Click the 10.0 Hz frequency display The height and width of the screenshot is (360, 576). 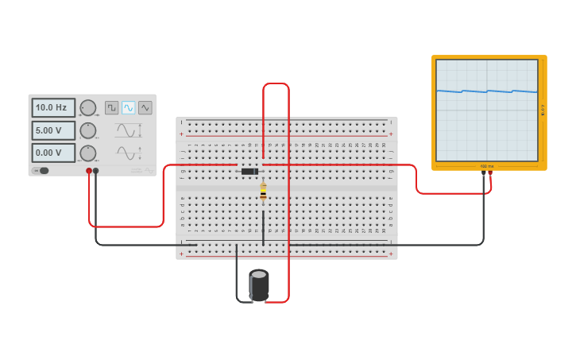click(53, 107)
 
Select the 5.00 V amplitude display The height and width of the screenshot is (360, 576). click(53, 130)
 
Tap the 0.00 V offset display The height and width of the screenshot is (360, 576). click(53, 153)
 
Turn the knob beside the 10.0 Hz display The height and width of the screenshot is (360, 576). click(88, 108)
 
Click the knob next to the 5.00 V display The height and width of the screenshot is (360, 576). click(88, 130)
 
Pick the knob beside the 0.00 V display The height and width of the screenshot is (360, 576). click(88, 153)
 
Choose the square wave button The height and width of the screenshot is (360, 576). click(112, 107)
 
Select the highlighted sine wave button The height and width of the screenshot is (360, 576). click(129, 107)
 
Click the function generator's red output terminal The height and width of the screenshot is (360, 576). click(89, 171)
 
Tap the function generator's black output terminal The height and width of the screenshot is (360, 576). click(96, 171)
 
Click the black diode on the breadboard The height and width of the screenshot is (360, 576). click(249, 172)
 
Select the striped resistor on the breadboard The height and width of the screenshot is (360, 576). click(263, 192)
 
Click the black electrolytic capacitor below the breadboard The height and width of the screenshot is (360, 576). click(259, 285)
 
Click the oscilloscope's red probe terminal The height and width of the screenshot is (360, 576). click(490, 172)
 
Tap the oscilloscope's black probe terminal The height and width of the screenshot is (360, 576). click(483, 172)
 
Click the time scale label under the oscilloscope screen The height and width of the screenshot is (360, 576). click(486, 166)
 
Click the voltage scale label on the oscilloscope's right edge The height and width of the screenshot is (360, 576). click(543, 110)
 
